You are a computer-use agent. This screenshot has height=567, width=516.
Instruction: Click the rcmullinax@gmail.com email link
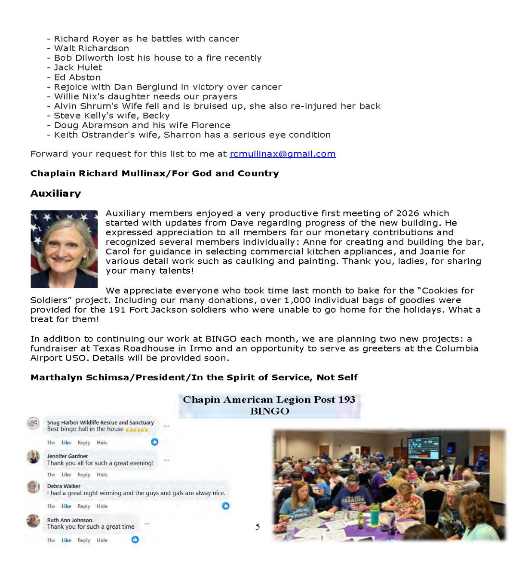tap(283, 154)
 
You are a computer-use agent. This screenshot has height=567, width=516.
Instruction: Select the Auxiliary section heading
tap(55, 194)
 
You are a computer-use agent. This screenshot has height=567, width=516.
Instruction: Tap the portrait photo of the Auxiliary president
tap(64, 249)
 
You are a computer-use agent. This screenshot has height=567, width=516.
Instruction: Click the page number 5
tap(258, 527)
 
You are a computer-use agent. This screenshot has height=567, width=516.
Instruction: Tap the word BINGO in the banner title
tap(270, 411)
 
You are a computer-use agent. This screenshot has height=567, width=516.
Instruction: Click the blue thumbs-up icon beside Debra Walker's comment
tap(225, 506)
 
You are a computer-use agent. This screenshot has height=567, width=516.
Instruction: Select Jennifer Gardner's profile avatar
tap(33, 457)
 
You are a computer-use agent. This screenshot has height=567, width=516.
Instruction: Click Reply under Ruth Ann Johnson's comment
tap(84, 540)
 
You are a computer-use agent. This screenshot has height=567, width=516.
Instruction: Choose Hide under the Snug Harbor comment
tap(102, 443)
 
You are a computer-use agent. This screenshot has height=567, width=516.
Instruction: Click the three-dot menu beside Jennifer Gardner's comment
tap(166, 460)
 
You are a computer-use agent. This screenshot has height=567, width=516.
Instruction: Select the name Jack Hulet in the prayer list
tap(78, 68)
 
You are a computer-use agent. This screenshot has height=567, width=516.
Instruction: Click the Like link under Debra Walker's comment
tap(66, 506)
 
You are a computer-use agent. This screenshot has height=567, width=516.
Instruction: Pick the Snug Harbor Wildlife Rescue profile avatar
tap(33, 423)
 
